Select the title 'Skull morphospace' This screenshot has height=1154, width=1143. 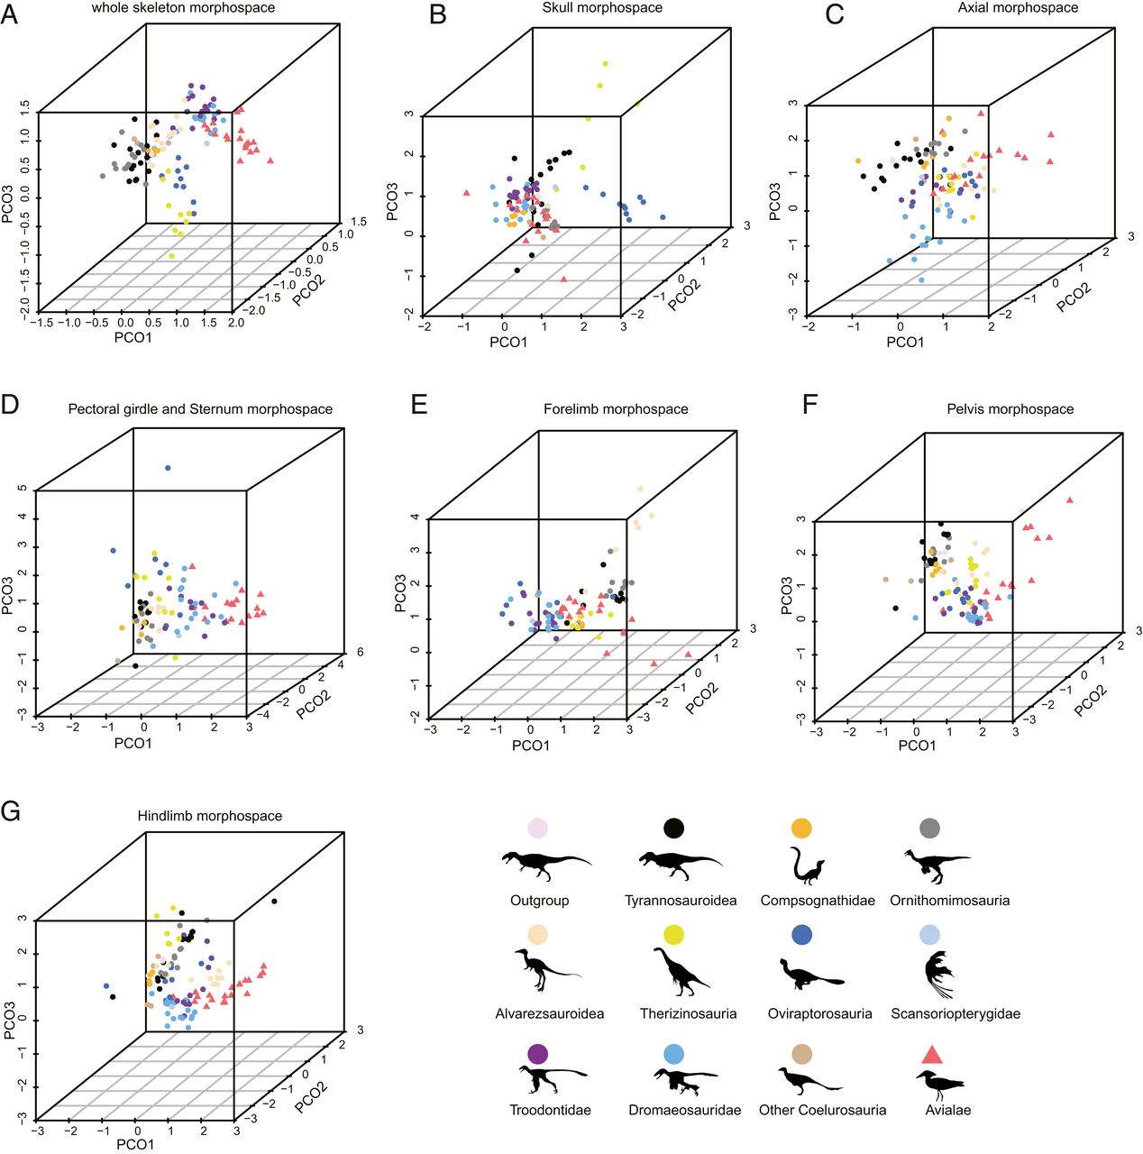point(602,8)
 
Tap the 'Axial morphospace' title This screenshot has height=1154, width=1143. point(1018,8)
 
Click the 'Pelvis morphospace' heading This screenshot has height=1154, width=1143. point(1010,409)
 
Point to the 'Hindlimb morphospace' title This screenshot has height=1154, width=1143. point(209,816)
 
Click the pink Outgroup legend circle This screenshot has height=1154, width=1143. point(537,828)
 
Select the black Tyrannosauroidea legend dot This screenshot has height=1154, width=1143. point(673,828)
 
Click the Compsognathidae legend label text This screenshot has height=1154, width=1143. point(818,901)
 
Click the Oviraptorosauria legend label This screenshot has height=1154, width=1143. point(819,1013)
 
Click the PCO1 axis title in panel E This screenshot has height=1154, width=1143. point(530,746)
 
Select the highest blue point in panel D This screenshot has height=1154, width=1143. point(168,468)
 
